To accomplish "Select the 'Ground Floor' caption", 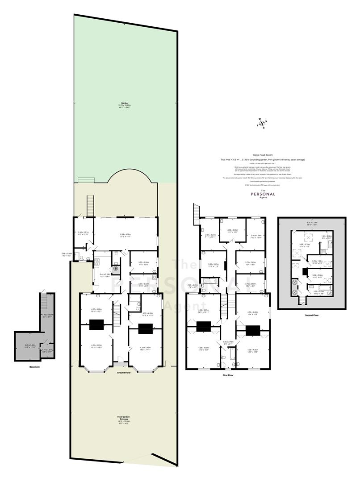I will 124,372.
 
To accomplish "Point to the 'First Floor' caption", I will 228,375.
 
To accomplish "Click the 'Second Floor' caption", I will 312,315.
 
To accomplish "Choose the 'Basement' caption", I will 34,367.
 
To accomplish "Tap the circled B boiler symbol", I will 115,269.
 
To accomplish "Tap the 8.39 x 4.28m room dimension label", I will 125,235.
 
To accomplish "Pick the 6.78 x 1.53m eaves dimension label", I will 312,223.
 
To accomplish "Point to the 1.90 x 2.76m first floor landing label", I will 228,343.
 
